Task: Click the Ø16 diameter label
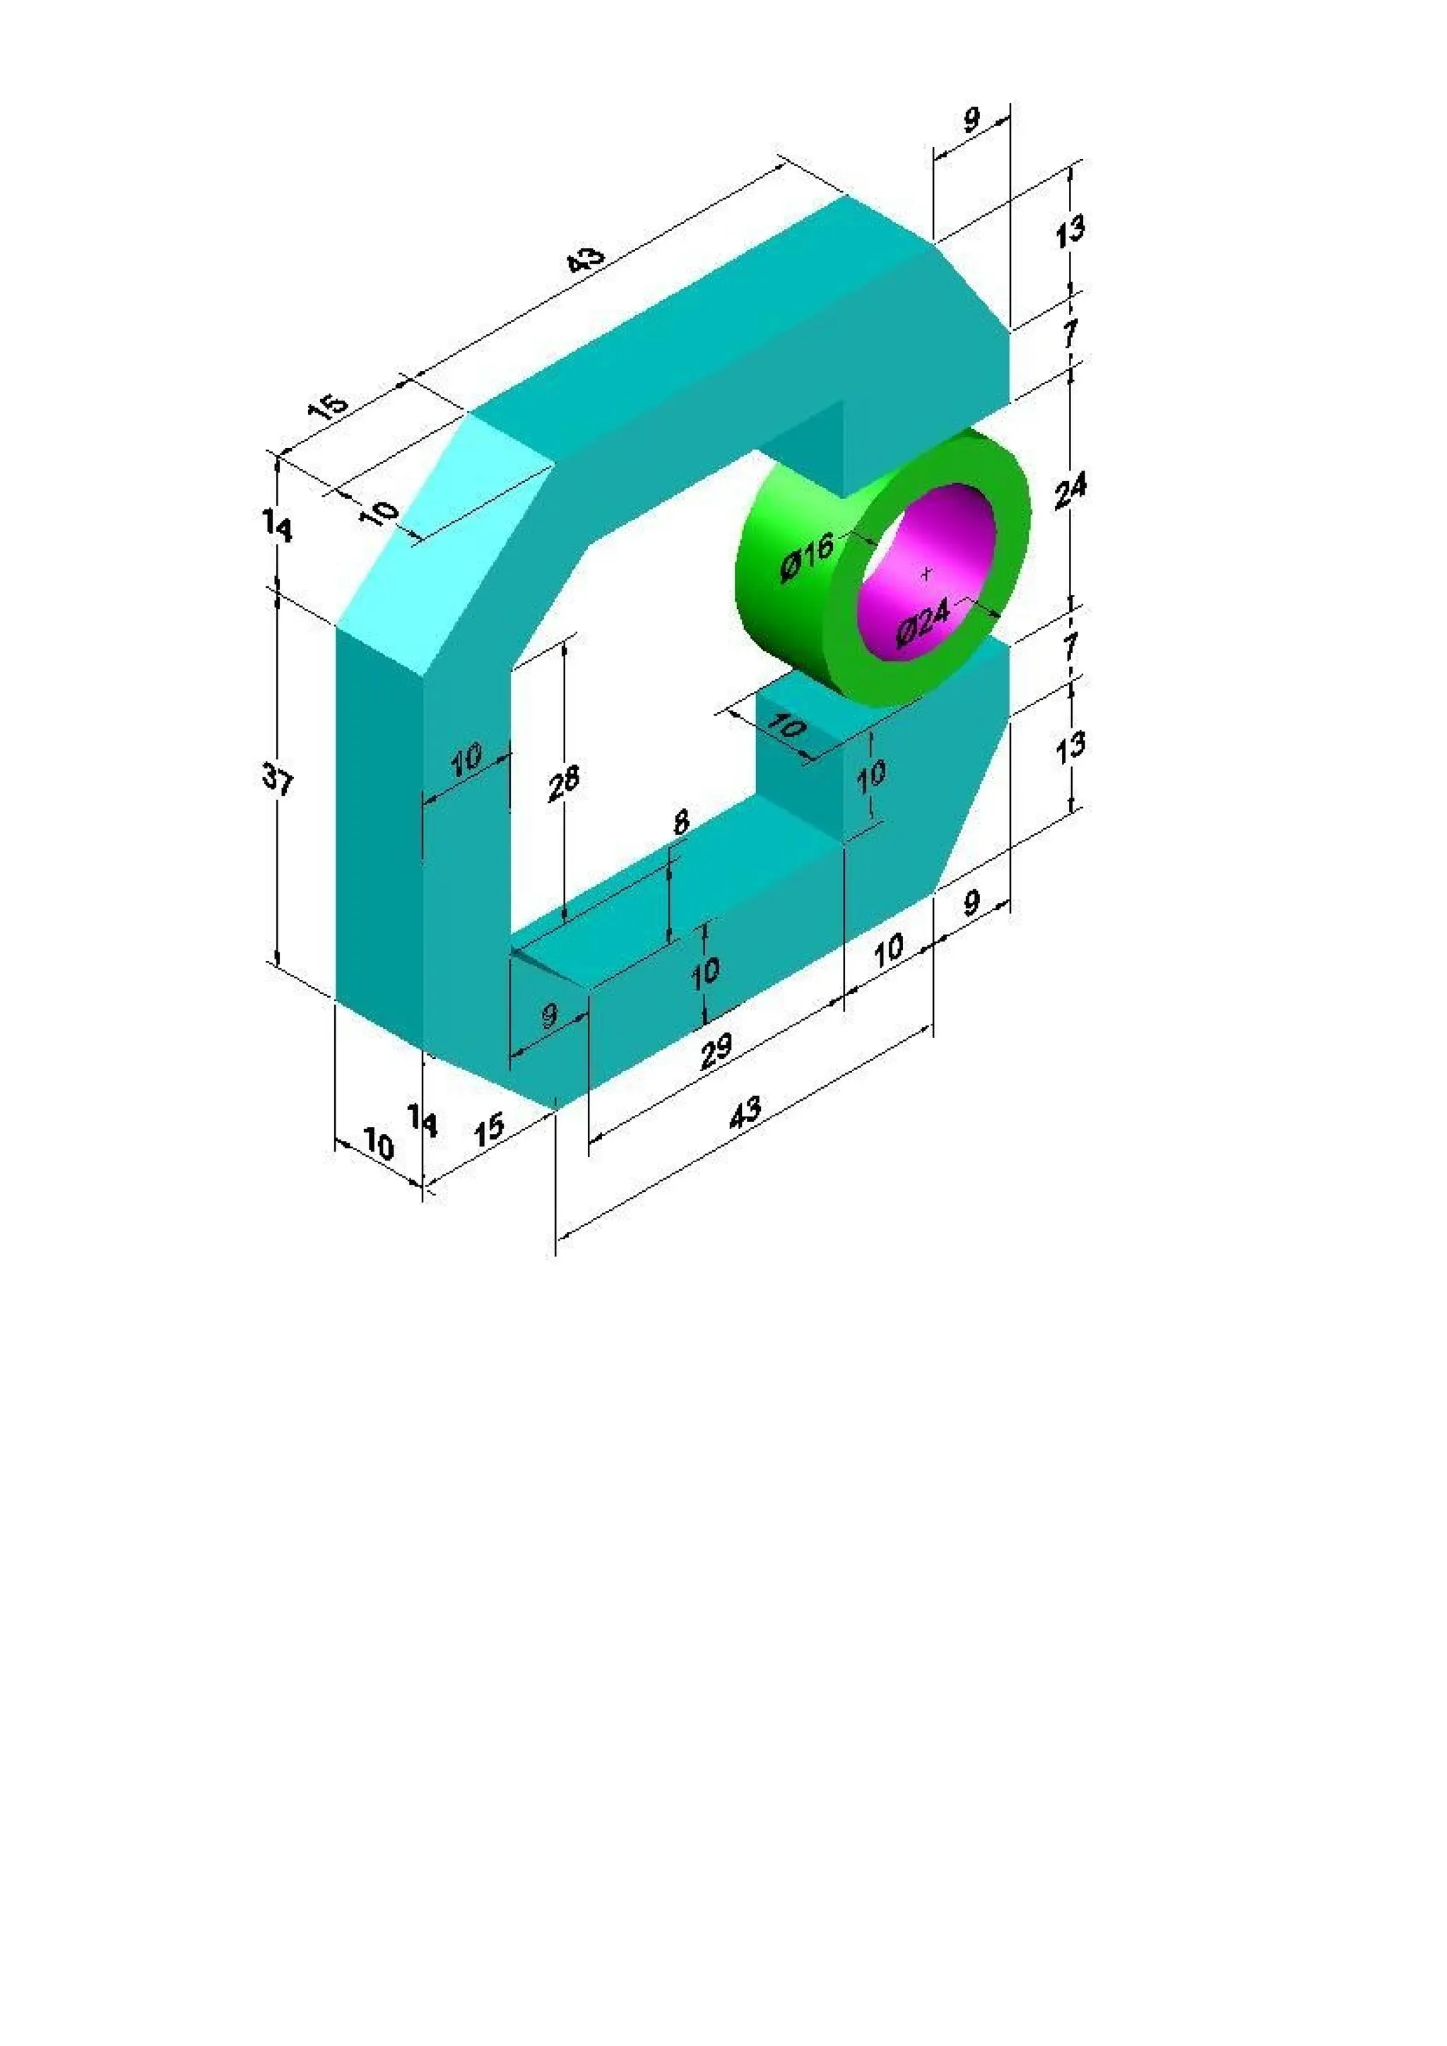coord(806,557)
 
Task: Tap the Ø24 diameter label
coord(924,620)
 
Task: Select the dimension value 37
coord(277,781)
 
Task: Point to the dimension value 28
coord(563,781)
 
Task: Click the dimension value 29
coord(716,1050)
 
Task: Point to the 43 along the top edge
coord(586,259)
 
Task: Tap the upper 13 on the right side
coord(1070,231)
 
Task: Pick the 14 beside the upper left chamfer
coord(277,528)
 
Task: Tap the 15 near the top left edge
coord(327,406)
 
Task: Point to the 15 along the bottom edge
coord(489,1129)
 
